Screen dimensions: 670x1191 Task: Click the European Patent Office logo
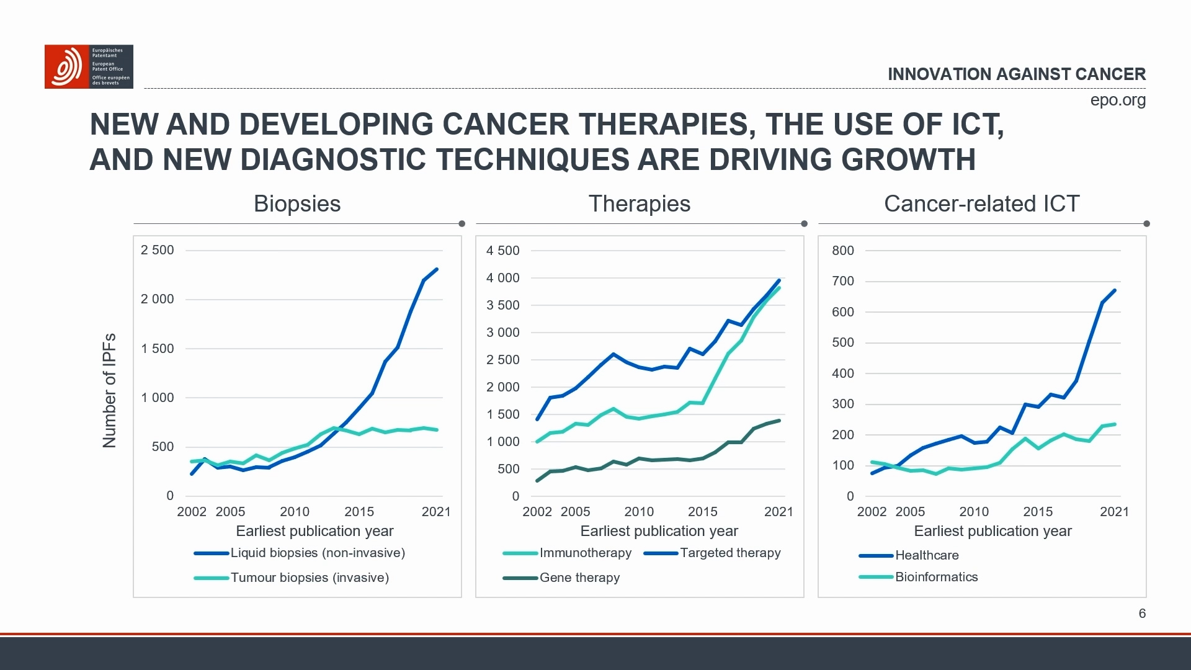tap(88, 66)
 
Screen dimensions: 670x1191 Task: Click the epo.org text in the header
tap(1117, 100)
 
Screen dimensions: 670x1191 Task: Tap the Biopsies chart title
tap(297, 204)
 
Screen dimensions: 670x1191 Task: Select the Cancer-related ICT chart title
tap(981, 204)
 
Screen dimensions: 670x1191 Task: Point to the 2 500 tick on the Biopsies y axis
tap(157, 250)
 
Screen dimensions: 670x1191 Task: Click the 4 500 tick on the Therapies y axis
tap(502, 251)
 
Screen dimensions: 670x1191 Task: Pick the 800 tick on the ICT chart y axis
tap(842, 251)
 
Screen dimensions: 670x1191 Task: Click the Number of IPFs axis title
tap(109, 391)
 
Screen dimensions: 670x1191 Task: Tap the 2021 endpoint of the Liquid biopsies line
tap(437, 270)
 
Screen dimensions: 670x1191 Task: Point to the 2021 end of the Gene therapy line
tap(779, 421)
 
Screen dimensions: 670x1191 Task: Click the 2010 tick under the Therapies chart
tap(638, 512)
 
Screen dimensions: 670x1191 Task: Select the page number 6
tap(1142, 614)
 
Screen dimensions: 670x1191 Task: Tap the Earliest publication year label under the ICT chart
tap(993, 531)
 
